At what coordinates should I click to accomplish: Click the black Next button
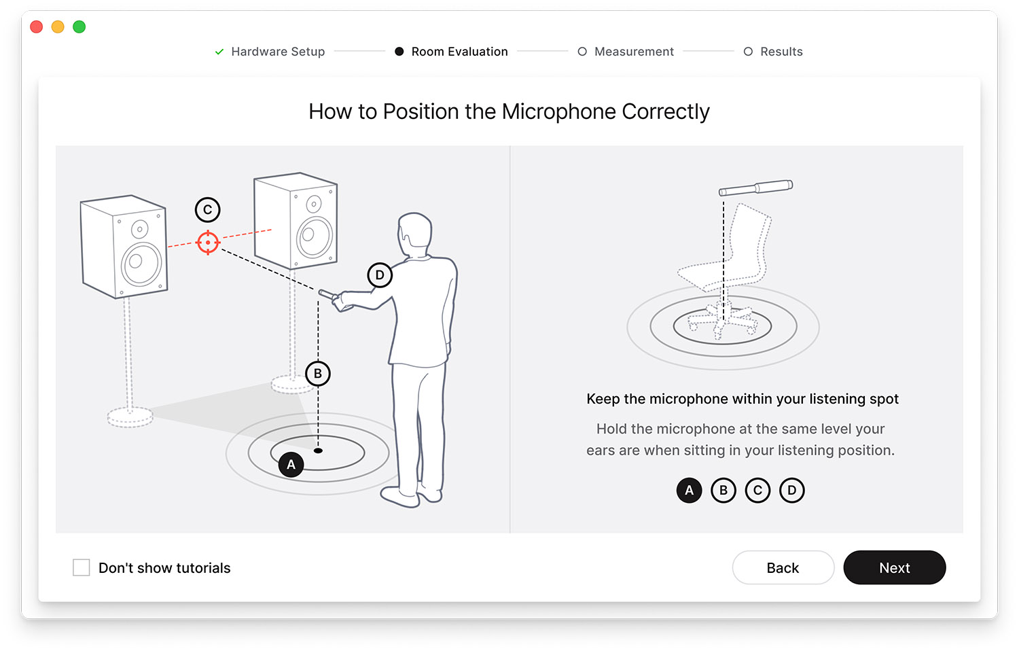point(894,567)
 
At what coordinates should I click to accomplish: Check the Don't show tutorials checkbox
point(82,567)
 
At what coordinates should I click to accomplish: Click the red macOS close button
point(37,27)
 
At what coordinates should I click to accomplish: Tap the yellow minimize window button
point(58,27)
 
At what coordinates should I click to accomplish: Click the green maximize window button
point(79,27)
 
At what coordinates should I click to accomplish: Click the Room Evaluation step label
point(459,52)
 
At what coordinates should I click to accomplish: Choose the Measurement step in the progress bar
point(633,52)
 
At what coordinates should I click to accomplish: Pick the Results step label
point(781,52)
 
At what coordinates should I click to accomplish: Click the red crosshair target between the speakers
point(208,243)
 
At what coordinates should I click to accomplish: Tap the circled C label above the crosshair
point(208,210)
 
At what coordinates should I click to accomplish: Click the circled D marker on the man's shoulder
point(380,275)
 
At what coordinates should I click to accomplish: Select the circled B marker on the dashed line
point(318,374)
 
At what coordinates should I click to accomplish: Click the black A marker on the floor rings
point(291,465)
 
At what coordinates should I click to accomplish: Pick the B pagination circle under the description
point(723,490)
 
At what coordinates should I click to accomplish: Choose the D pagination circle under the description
point(791,490)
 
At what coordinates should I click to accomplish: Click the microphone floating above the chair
point(755,188)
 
